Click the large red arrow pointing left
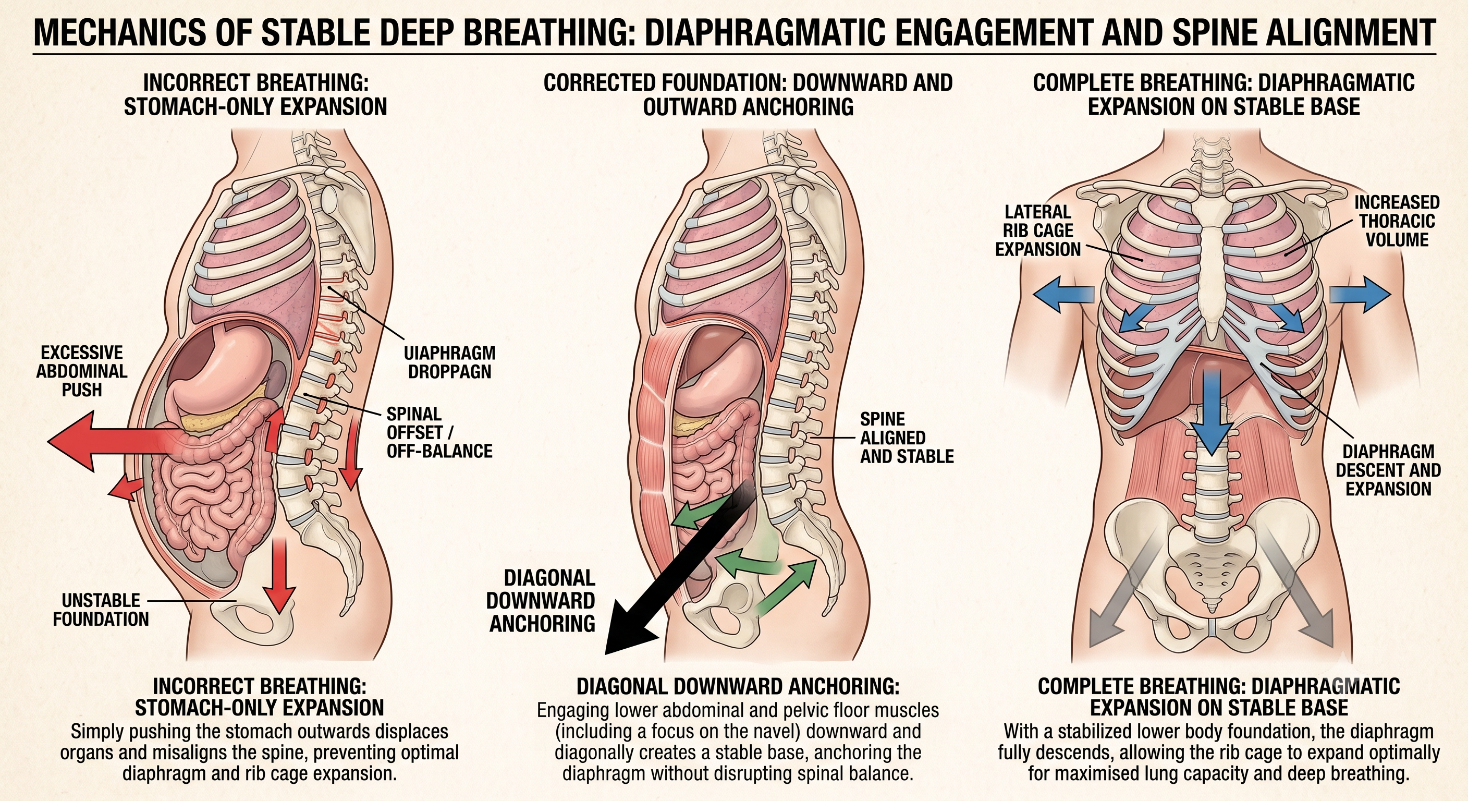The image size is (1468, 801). tap(114, 442)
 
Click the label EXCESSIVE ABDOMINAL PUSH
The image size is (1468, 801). tap(81, 371)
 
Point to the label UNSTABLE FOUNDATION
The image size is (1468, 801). tap(101, 610)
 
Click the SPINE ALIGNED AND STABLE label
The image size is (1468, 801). tap(907, 438)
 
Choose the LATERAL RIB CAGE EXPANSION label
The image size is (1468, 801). tap(1038, 230)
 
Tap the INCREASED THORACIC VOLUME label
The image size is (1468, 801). tap(1397, 221)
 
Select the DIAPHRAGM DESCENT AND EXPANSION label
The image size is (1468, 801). tap(1388, 470)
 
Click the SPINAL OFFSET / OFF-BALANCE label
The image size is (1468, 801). tap(439, 432)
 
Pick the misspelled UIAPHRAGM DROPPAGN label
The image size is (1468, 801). tap(450, 362)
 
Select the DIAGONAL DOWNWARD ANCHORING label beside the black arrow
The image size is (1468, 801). tap(542, 601)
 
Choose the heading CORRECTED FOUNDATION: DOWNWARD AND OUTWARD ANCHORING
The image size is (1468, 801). tap(748, 94)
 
